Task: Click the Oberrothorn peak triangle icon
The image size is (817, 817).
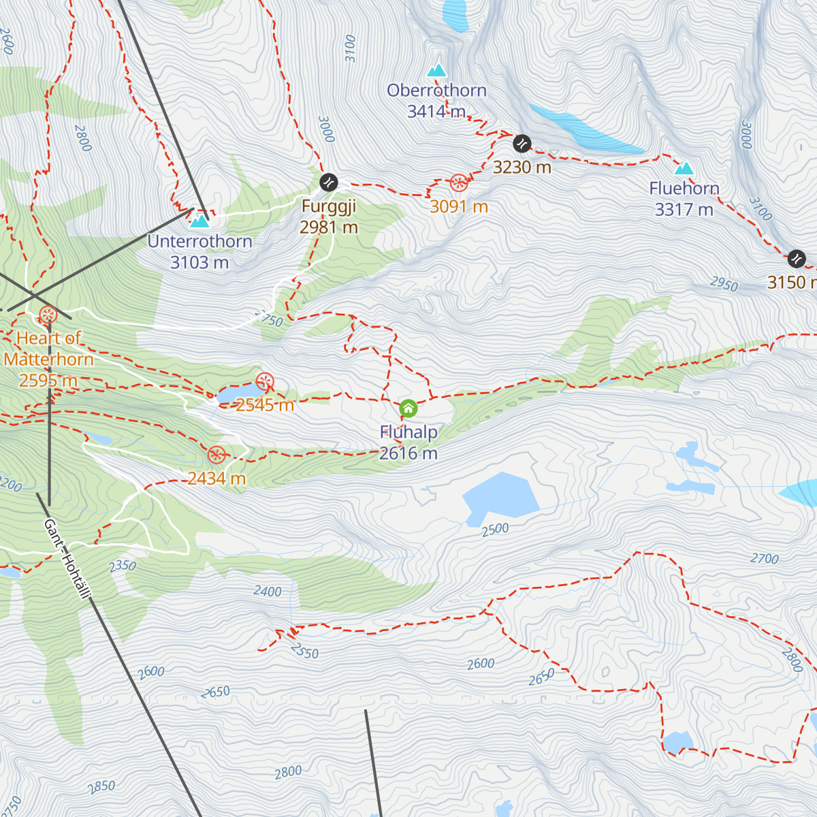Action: pyautogui.click(x=436, y=70)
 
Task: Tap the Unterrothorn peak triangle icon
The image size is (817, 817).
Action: pyautogui.click(x=199, y=221)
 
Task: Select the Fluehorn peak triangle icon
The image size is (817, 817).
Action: pyautogui.click(x=684, y=168)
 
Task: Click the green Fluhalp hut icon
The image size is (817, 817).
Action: pyautogui.click(x=408, y=408)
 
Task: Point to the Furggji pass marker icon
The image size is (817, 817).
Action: pyautogui.click(x=328, y=182)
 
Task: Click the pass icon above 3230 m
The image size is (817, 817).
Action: pyautogui.click(x=522, y=144)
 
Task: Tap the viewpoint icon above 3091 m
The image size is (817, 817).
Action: pyautogui.click(x=459, y=182)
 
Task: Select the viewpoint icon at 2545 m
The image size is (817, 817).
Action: pyautogui.click(x=265, y=381)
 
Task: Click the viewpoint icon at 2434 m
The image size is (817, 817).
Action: pyautogui.click(x=217, y=455)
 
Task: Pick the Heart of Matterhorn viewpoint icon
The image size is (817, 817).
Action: pyautogui.click(x=48, y=315)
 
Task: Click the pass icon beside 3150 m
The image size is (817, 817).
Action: pyautogui.click(x=796, y=259)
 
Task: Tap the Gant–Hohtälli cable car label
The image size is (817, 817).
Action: pyautogui.click(x=67, y=560)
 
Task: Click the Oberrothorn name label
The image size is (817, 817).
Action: pyautogui.click(x=436, y=91)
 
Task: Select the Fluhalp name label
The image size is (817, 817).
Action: pyautogui.click(x=408, y=432)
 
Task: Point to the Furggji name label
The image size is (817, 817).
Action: pyautogui.click(x=329, y=206)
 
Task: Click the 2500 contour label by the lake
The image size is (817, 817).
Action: pyautogui.click(x=495, y=530)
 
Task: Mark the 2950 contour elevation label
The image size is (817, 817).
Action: pyautogui.click(x=723, y=284)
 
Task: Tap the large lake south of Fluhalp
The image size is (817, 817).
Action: pyautogui.click(x=500, y=499)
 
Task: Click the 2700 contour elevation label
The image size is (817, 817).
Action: pyautogui.click(x=765, y=559)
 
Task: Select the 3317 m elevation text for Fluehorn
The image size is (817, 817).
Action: pyautogui.click(x=684, y=210)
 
